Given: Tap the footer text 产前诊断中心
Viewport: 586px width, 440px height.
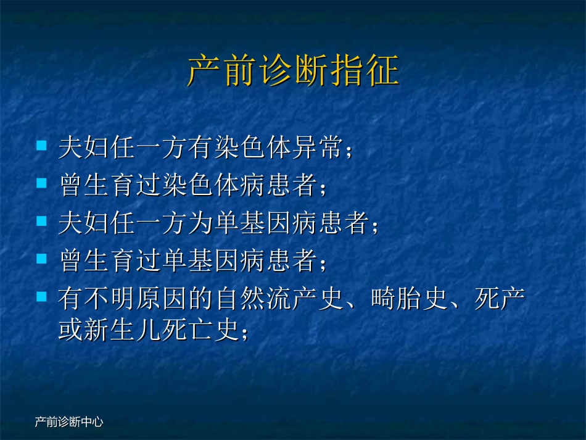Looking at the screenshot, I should [68, 423].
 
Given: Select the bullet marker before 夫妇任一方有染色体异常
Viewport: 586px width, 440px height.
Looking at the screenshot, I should [42, 146].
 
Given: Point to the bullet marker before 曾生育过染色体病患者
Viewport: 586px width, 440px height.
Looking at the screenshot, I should [42, 183].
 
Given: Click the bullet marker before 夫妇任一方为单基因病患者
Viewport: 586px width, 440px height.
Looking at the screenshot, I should [42, 220].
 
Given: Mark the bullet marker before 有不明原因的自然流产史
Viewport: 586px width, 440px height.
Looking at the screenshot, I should [42, 296].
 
